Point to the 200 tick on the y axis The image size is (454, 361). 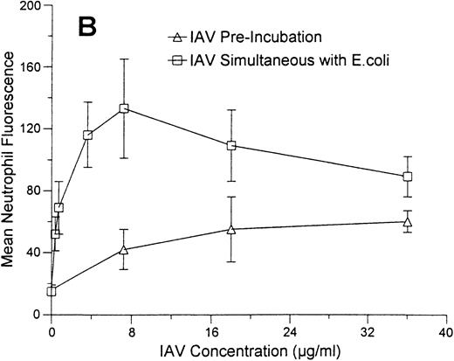32,6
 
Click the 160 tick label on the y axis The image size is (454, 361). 32,67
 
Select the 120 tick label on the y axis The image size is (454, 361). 32,128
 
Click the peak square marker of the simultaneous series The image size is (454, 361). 124,108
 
